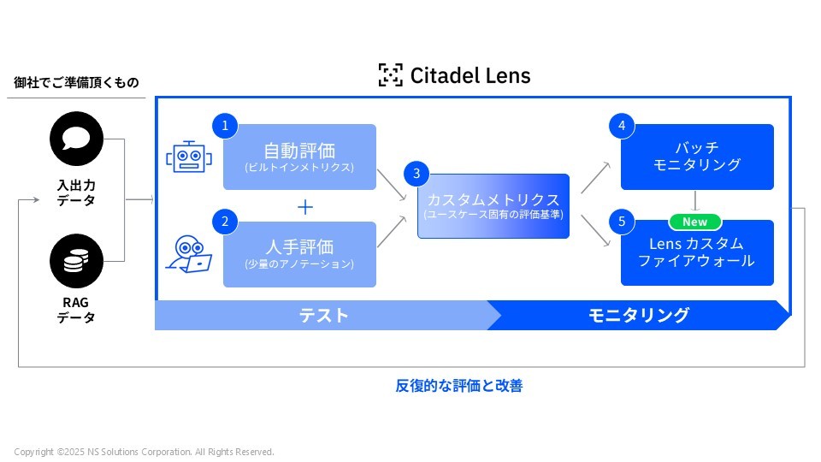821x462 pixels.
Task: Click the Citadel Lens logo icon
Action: coord(390,75)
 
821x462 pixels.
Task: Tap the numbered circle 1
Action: coord(225,126)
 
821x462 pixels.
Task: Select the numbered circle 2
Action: coord(225,222)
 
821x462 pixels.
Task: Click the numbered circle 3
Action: coord(416,174)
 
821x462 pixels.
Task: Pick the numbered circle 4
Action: coord(622,126)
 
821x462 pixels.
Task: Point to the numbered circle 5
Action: coord(622,222)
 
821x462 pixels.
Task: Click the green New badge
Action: coord(694,222)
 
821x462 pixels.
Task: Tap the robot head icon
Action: coord(188,157)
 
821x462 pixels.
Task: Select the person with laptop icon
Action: coord(188,253)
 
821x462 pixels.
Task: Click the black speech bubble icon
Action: coord(76,139)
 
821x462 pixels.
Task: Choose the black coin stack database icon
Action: coord(76,261)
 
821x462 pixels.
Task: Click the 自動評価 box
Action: coord(299,157)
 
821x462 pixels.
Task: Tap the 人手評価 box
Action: coord(299,254)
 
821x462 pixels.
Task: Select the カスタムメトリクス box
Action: coord(493,205)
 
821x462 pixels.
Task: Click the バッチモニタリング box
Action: coord(697,157)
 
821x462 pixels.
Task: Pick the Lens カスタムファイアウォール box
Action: coord(697,253)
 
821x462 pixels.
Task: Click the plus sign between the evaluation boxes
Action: coord(305,207)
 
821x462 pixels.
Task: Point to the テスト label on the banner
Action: coord(323,315)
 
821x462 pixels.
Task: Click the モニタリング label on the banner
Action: coord(638,315)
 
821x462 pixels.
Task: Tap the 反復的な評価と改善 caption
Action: coord(458,386)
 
